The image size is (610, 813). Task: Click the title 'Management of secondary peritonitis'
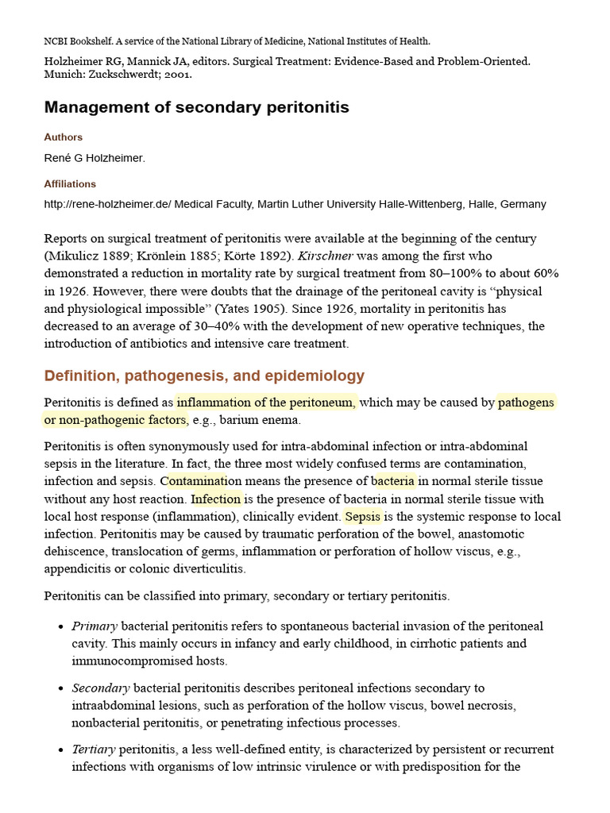[196, 107]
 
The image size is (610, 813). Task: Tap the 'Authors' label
[64, 137]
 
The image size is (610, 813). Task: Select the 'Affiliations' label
[70, 184]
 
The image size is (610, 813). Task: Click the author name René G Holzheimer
[95, 158]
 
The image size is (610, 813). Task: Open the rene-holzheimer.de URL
[107, 204]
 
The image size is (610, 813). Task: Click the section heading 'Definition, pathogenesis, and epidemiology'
[204, 376]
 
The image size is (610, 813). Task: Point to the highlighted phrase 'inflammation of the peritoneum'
[267, 403]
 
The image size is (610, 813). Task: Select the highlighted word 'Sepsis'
[363, 517]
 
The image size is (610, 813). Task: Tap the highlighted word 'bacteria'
[393, 481]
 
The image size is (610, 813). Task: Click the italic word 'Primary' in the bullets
[95, 626]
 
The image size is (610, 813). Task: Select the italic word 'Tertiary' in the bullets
[94, 749]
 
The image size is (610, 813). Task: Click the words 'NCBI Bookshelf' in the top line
[75, 41]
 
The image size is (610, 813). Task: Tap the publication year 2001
[180, 75]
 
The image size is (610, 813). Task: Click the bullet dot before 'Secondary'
[61, 688]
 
